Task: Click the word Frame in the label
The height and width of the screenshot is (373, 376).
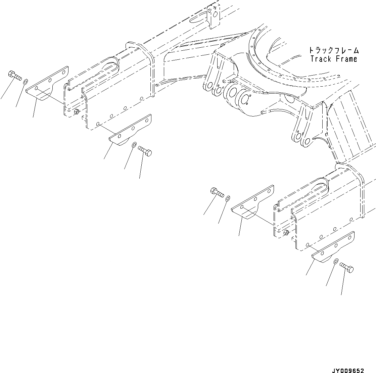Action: point(346,59)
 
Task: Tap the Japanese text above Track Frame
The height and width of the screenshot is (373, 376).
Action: point(334,51)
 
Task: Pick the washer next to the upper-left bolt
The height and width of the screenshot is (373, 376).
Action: point(26,82)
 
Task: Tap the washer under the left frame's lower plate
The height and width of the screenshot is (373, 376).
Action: point(133,145)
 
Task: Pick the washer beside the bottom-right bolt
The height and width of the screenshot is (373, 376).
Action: point(336,261)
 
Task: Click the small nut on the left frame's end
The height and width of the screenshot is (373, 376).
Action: point(77,112)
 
